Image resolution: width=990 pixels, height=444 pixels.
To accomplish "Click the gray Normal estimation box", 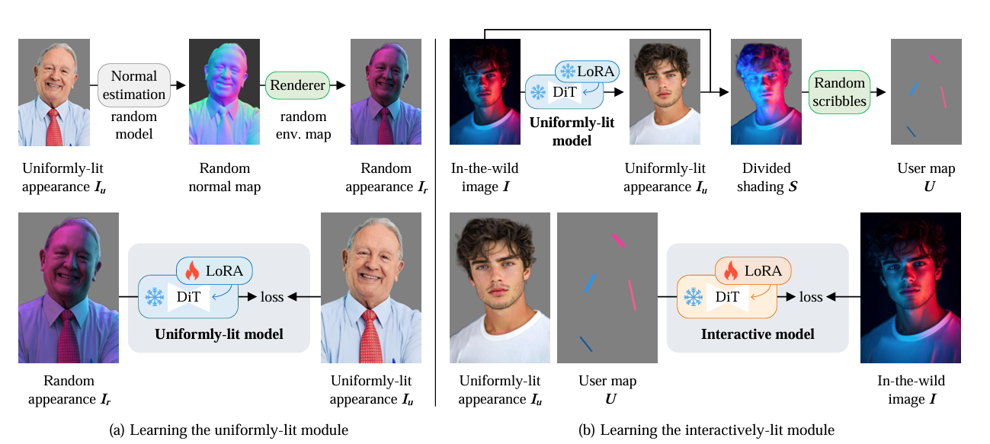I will click(134, 85).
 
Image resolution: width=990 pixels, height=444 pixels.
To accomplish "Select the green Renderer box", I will click(297, 85).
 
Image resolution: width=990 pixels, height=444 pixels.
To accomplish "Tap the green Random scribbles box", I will click(839, 92).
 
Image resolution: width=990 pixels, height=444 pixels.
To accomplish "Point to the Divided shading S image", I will click(765, 92).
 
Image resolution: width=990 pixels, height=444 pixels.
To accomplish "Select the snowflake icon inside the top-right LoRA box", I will click(569, 72).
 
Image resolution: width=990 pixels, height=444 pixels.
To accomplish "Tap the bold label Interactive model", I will click(757, 334).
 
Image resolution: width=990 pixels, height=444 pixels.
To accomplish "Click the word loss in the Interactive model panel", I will click(811, 297).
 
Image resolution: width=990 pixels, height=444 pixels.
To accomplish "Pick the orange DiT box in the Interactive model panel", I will click(726, 297).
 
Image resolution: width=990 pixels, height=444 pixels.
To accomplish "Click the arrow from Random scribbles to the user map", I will click(878, 92).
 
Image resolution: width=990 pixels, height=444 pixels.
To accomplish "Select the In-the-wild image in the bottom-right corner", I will click(910, 288).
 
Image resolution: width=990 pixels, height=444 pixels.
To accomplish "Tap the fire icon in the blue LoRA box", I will click(192, 270).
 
